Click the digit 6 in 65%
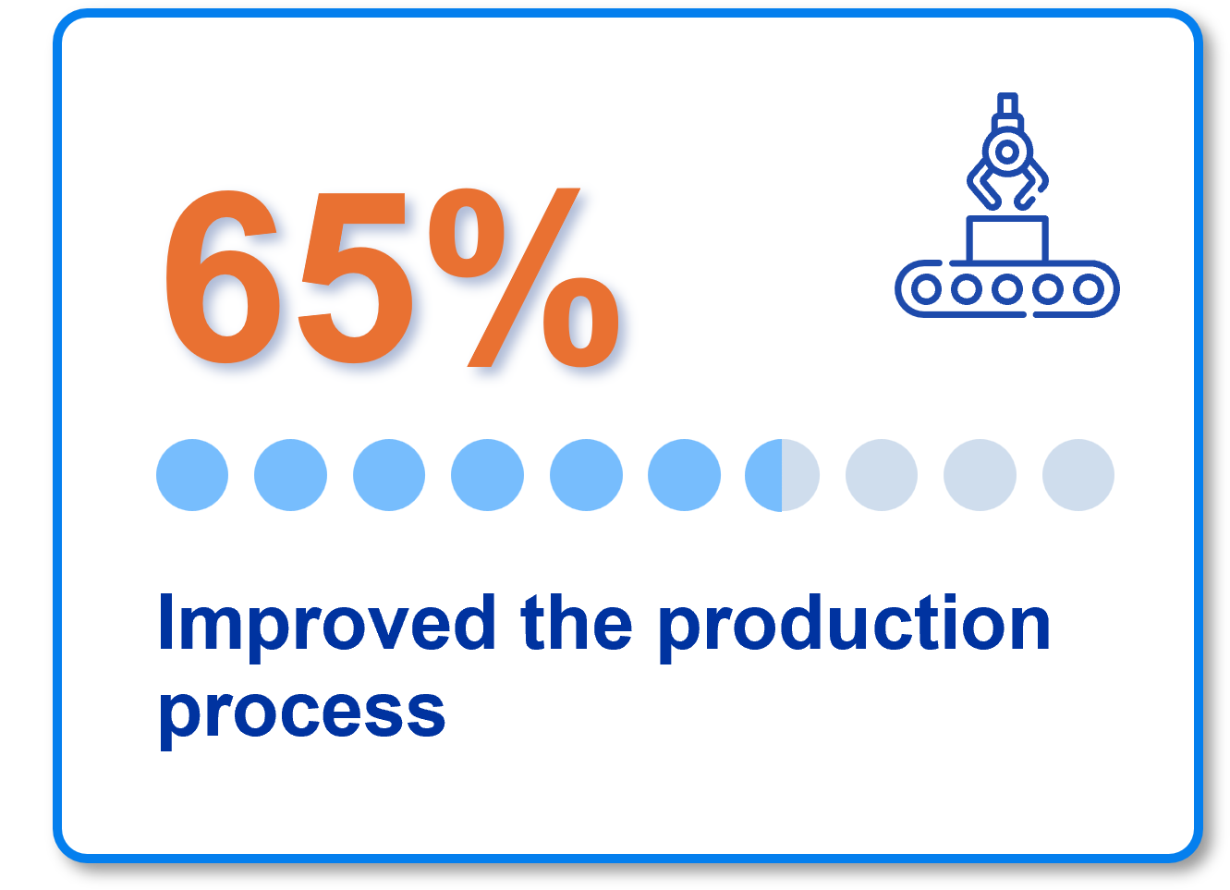pyautogui.click(x=222, y=276)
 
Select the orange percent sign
pyautogui.click(x=524, y=277)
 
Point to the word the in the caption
pyautogui.click(x=577, y=622)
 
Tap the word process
pyautogui.click(x=302, y=714)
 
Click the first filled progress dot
pyautogui.click(x=192, y=475)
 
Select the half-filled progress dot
pyautogui.click(x=782, y=475)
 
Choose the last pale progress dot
pyautogui.click(x=1078, y=475)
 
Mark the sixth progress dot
pyautogui.click(x=684, y=475)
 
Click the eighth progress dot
pyautogui.click(x=882, y=475)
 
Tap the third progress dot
pyautogui.click(x=389, y=475)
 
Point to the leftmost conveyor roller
pyautogui.click(x=926, y=288)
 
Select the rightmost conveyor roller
pyautogui.click(x=1089, y=288)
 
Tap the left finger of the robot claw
pyautogui.click(x=978, y=184)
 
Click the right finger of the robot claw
pyautogui.click(x=1038, y=184)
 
